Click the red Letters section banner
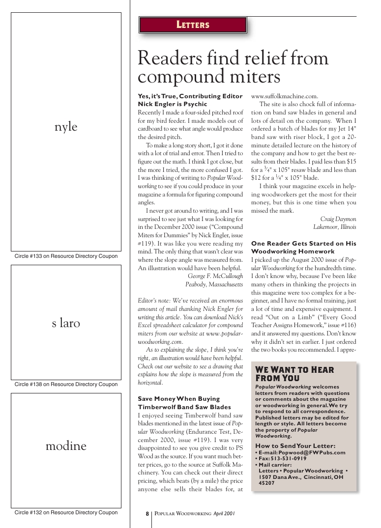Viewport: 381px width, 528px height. click(x=193, y=25)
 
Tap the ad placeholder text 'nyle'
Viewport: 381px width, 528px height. click(x=66, y=127)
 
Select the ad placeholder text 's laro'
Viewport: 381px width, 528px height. click(x=66, y=323)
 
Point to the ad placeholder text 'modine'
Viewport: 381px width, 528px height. click(x=66, y=446)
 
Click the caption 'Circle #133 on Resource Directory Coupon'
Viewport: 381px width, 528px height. click(x=66, y=256)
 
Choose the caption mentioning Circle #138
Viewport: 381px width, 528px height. click(x=66, y=384)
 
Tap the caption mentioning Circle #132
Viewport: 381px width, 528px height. click(x=66, y=512)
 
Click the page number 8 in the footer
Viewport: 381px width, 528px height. click(x=147, y=514)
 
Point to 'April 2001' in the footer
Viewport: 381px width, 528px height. click(x=224, y=514)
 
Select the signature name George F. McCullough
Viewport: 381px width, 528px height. click(x=215, y=276)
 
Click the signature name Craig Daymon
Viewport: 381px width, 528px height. click(x=338, y=219)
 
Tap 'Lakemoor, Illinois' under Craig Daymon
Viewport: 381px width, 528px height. click(x=335, y=227)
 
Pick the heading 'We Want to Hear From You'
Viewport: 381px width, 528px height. click(x=294, y=374)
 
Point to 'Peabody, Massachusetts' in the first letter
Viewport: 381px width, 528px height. click(x=214, y=284)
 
